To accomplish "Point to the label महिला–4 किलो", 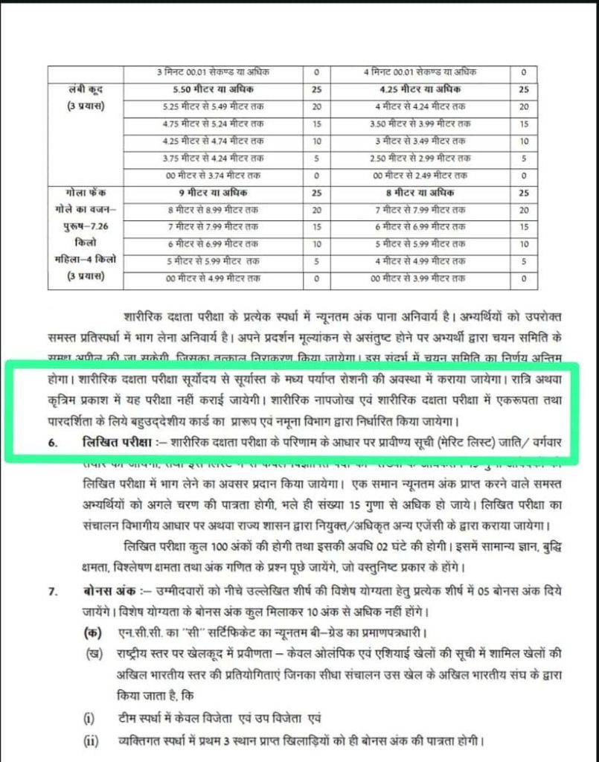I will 83,261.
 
